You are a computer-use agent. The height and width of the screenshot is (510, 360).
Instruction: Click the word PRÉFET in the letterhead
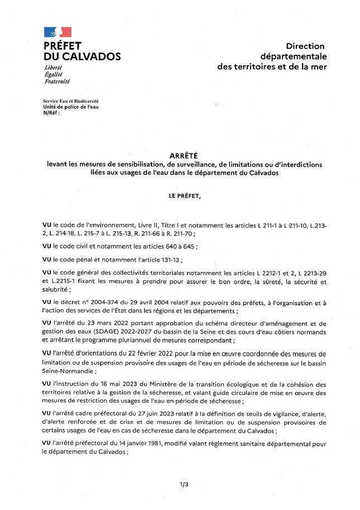pos(63,46)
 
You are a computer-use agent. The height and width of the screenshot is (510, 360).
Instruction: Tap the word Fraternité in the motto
pos(57,82)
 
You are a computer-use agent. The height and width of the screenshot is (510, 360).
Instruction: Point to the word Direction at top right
pos(305,46)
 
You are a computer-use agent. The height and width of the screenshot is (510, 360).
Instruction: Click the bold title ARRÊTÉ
pos(184,156)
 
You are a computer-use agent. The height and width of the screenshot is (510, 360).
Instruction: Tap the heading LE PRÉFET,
pos(184,196)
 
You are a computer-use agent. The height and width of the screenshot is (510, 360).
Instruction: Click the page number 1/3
pos(184,485)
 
